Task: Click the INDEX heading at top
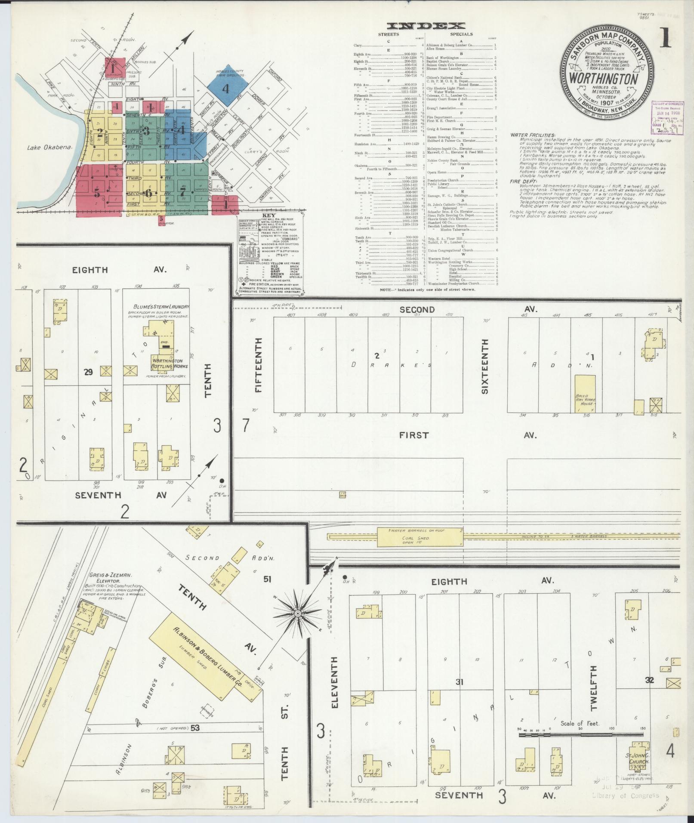pos(426,26)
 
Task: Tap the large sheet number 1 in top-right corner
pos(665,38)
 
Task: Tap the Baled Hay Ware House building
pos(586,394)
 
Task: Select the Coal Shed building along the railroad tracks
pos(419,537)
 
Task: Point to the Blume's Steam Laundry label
pos(161,306)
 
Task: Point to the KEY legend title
pos(271,215)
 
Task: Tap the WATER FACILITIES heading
pos(533,135)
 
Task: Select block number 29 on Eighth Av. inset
pos(88,372)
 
